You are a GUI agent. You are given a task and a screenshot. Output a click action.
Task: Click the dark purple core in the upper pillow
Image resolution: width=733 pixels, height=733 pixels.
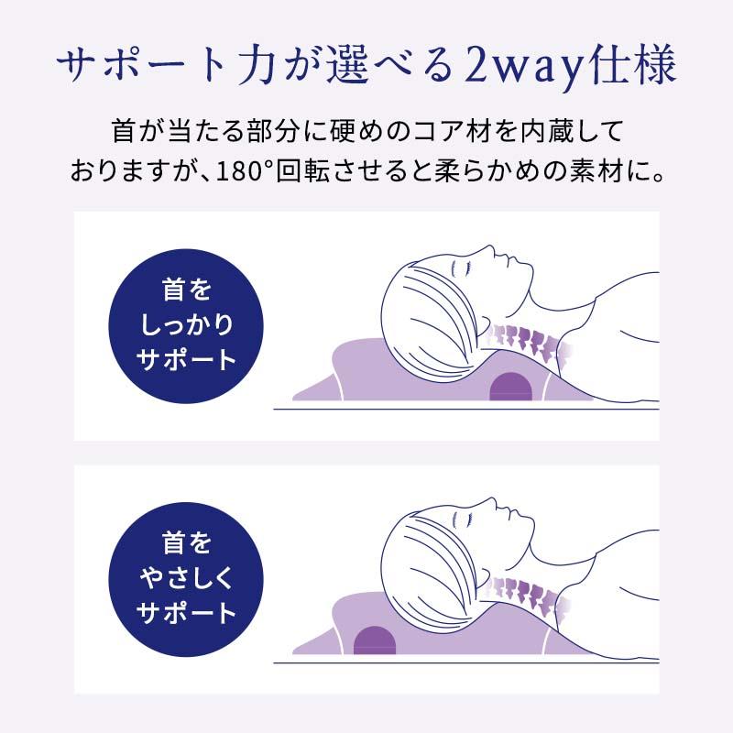click(511, 386)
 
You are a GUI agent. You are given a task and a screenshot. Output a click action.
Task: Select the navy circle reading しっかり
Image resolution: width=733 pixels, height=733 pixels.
click(187, 327)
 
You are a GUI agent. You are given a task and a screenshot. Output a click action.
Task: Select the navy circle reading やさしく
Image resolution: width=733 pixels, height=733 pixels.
click(187, 579)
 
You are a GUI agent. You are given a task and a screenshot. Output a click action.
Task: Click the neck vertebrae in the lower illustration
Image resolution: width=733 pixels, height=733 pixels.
click(525, 597)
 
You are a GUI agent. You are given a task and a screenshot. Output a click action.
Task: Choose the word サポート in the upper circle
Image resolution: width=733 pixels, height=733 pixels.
click(187, 360)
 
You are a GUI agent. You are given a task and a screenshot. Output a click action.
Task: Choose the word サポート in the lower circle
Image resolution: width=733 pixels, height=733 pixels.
click(187, 612)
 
